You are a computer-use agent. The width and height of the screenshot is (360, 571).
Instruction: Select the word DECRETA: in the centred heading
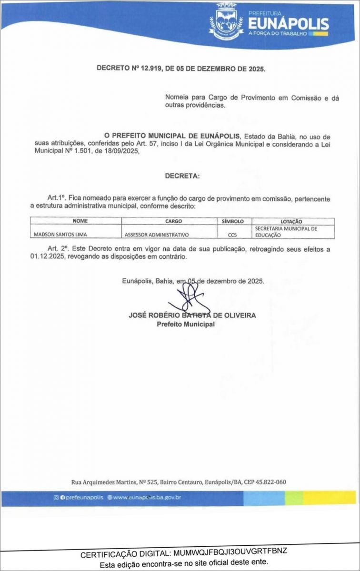(182, 176)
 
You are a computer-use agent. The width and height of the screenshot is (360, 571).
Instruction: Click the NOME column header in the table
(76, 221)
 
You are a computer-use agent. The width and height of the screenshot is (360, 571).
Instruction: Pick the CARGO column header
(170, 221)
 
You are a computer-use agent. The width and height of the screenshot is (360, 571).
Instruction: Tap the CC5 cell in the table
(232, 235)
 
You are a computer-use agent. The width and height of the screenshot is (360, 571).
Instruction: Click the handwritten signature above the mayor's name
(186, 300)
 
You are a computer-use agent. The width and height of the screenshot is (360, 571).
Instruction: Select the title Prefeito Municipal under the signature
(186, 324)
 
